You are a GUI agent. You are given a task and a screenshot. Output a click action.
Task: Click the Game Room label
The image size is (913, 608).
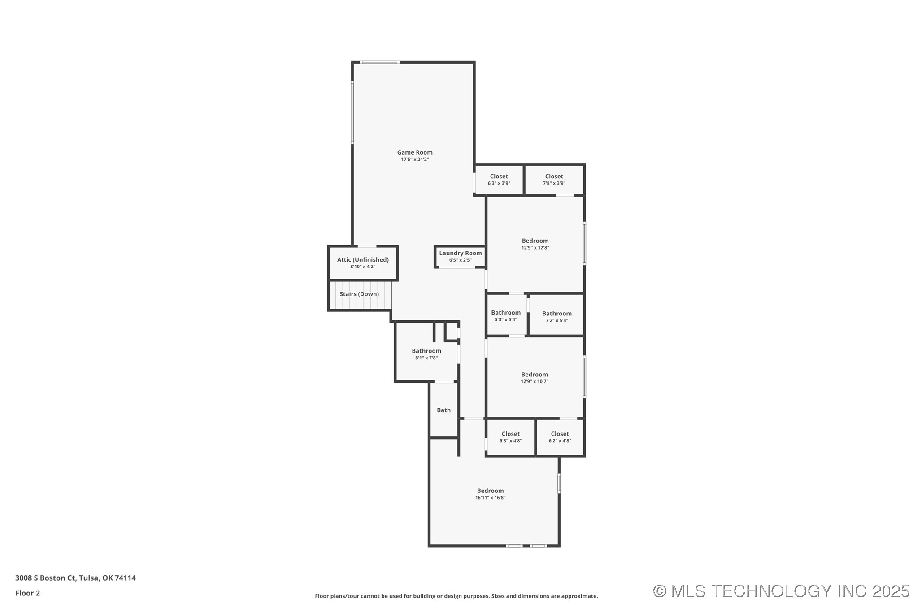(x=414, y=152)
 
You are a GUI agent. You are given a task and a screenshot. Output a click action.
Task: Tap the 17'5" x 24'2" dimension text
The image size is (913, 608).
(x=414, y=160)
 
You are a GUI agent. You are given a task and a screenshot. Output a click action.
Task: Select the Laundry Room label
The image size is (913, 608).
(x=460, y=253)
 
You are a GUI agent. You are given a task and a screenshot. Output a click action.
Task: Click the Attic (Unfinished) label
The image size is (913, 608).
(x=363, y=260)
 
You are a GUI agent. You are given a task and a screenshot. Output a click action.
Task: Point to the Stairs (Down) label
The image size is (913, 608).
(x=359, y=294)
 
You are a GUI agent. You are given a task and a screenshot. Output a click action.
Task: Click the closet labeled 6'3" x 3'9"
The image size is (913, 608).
(x=499, y=180)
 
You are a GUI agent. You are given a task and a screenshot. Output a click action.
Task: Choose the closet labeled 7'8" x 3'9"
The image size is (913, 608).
(x=554, y=180)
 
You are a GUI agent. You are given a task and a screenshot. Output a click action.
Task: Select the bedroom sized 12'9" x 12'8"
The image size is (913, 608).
(x=535, y=244)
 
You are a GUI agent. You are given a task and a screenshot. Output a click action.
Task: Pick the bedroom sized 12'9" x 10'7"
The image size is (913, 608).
(x=534, y=378)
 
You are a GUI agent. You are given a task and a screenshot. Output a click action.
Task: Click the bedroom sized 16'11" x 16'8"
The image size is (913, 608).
(x=490, y=494)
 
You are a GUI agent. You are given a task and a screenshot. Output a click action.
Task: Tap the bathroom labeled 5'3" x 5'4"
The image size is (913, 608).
(x=505, y=316)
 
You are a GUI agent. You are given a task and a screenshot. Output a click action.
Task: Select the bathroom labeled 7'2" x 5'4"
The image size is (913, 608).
(x=556, y=317)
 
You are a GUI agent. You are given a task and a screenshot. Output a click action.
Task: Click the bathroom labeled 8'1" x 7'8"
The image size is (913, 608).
(x=426, y=354)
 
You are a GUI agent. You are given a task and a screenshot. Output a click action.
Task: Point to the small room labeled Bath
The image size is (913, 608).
(x=443, y=410)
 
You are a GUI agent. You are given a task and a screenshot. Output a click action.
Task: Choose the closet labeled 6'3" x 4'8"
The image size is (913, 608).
(x=510, y=437)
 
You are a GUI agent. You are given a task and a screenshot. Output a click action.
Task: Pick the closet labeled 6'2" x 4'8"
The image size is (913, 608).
(x=560, y=437)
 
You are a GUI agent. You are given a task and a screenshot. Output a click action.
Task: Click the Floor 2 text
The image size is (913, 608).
(x=27, y=593)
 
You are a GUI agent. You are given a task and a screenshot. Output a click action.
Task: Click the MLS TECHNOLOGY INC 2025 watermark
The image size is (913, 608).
(x=781, y=591)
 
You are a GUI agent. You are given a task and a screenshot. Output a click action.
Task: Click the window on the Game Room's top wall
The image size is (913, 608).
(x=380, y=62)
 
